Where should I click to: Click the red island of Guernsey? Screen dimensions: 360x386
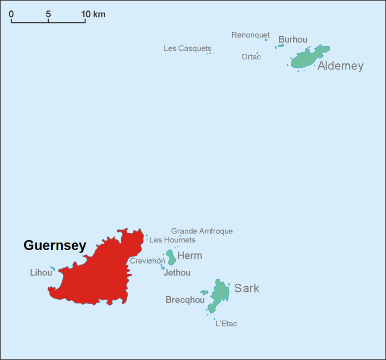coord(101,276)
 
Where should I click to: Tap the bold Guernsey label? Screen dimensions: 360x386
coord(55,246)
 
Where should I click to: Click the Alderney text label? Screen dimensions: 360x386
coord(340,66)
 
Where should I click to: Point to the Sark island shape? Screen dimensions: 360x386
coord(220,292)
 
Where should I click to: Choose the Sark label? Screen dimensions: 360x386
coord(247,288)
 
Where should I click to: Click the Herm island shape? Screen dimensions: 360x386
coord(171,258)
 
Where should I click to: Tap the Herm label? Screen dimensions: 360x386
coord(189,256)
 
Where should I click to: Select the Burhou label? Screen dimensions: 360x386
coord(293,40)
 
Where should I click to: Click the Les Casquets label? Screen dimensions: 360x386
coord(187,49)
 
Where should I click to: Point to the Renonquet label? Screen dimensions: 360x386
coord(250,35)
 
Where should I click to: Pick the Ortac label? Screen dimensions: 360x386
coord(251,57)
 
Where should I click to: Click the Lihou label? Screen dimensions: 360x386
coord(41,273)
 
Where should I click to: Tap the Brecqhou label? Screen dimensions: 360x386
coord(185,300)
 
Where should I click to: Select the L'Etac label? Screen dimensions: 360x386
coord(226,324)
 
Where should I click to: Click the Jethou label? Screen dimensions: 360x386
coord(177,273)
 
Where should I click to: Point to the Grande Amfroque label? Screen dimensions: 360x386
coord(202,231)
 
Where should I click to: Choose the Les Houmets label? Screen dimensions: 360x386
coord(172,240)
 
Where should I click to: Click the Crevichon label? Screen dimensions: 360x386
coord(147,261)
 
